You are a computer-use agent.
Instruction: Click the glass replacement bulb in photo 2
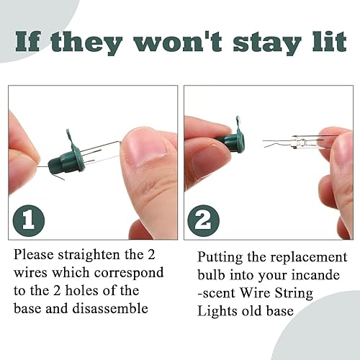tap(292, 141)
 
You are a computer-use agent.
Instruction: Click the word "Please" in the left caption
tap(34, 256)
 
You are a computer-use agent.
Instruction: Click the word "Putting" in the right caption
tap(220, 257)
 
